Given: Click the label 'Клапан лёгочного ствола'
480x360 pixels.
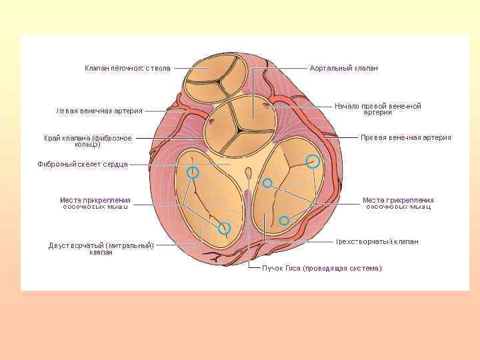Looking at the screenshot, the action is coord(127,68).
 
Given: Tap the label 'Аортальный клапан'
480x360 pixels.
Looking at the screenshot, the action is coord(344,68).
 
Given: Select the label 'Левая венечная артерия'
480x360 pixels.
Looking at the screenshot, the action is coord(99,111).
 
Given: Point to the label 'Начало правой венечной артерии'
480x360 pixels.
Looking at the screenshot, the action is coord(377,109).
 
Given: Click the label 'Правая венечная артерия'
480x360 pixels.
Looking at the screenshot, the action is coord(405,137).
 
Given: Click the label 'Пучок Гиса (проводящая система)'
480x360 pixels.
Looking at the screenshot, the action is coord(321,268).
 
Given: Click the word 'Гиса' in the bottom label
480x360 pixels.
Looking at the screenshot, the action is coord(291,268).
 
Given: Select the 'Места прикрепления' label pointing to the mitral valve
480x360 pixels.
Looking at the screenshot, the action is coord(95,203).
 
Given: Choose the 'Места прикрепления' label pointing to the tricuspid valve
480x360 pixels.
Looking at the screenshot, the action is coord(398,203).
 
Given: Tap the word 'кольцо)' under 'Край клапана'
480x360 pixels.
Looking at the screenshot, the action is coord(88,145).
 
